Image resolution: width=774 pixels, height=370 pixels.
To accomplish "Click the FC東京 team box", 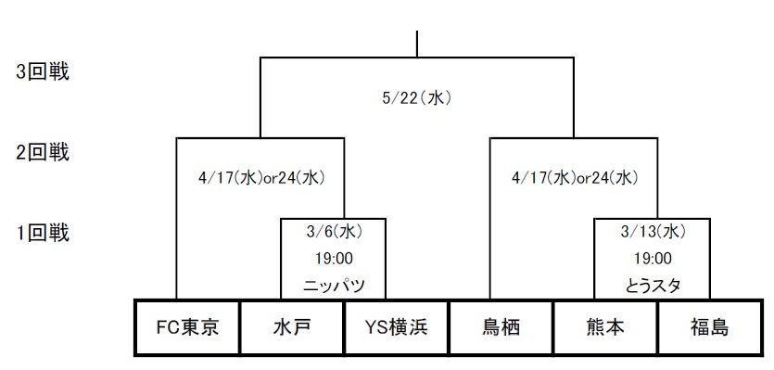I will (x=187, y=327).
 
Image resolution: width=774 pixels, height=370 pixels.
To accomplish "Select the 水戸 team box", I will (x=291, y=327).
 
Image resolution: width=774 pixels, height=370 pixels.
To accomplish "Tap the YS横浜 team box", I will (x=396, y=327).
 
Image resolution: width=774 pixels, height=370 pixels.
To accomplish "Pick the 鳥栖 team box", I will (x=501, y=327).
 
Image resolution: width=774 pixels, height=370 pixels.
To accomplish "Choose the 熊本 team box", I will (x=605, y=327).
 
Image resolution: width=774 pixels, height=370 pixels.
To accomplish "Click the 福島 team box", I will (x=709, y=327).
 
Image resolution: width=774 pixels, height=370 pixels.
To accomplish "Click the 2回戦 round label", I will (x=44, y=151).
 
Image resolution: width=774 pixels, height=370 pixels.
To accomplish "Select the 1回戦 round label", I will (x=44, y=232).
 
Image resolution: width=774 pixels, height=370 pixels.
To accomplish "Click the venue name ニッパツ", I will (x=333, y=286).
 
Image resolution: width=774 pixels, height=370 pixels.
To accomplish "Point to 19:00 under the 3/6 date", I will (x=333, y=259).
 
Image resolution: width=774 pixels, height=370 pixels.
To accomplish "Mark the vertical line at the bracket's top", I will (x=418, y=44).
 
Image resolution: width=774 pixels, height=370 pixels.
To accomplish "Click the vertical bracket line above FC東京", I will (x=176, y=223).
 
